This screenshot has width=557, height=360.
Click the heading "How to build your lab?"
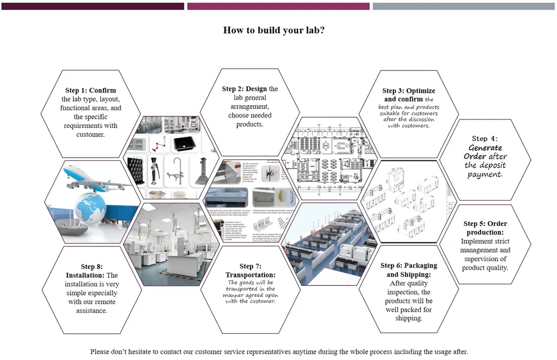tap(274, 30)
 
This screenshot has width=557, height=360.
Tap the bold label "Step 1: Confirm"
tap(90, 90)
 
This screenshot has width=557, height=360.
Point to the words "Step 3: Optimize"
tap(409, 91)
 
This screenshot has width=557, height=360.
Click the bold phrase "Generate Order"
tap(484, 152)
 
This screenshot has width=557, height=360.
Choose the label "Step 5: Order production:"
tap(485, 228)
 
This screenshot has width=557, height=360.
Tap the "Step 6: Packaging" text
tap(409, 265)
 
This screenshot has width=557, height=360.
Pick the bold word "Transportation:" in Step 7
tap(250, 275)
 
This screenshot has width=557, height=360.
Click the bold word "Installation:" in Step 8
tap(85, 275)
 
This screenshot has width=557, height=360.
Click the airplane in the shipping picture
tap(97, 179)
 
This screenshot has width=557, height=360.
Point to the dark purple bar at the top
tap(93, 6)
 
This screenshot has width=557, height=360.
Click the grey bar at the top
tap(463, 6)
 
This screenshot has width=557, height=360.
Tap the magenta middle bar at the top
tap(278, 6)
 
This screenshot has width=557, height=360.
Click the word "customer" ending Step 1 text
tap(90, 135)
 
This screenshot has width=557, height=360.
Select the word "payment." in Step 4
tap(484, 174)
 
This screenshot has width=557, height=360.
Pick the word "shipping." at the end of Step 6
tap(409, 318)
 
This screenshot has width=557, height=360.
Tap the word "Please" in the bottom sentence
tap(100, 352)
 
